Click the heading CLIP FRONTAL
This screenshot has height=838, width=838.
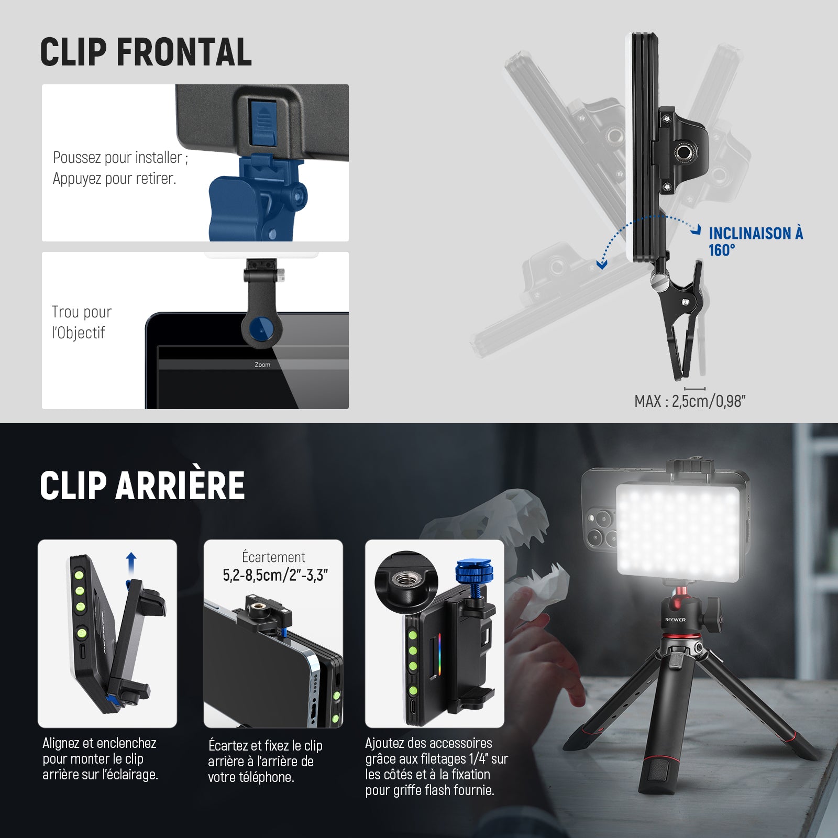(x=146, y=52)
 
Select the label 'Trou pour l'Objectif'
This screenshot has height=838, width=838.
(x=81, y=322)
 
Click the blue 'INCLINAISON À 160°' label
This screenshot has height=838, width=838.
(x=755, y=241)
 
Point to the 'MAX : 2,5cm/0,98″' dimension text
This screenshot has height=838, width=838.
(x=690, y=401)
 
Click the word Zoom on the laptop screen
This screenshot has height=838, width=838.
(x=262, y=365)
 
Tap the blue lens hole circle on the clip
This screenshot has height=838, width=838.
(x=261, y=329)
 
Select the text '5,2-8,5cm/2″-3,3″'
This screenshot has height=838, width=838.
(x=275, y=575)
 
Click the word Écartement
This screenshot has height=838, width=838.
(x=273, y=557)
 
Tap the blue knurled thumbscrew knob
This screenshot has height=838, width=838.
(x=472, y=572)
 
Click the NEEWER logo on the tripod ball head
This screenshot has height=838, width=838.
(x=675, y=620)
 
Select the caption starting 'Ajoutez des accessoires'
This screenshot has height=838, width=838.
(x=436, y=766)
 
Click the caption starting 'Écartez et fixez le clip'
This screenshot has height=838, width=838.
(x=265, y=761)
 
